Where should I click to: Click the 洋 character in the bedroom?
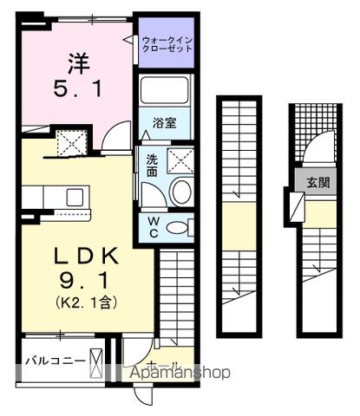click(77, 62)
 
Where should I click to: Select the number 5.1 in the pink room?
click(77, 89)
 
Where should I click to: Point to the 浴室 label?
click(167, 123)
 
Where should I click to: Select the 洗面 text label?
click(151, 165)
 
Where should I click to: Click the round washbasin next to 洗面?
click(180, 192)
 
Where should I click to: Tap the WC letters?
click(152, 227)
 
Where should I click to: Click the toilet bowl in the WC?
click(179, 228)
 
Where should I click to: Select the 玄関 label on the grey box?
click(317, 183)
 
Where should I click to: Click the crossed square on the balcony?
click(96, 360)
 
